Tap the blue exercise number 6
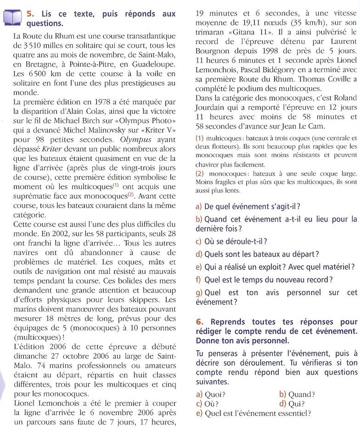tap(198, 322)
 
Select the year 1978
tap(101, 102)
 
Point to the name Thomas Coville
tap(326, 80)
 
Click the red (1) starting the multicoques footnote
tap(199, 138)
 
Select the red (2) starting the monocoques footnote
tap(199, 174)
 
